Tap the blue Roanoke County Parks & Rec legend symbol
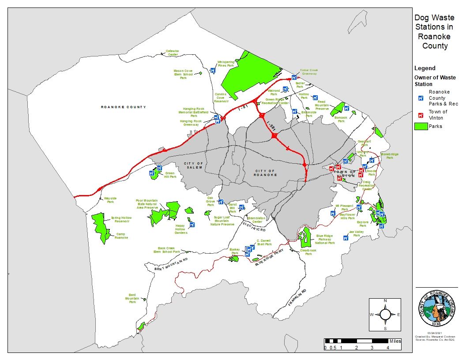pyautogui.click(x=421, y=98)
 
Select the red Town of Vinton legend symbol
pyautogui.click(x=421, y=115)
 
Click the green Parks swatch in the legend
pyautogui.click(x=421, y=126)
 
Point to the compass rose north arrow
pyautogui.click(x=385, y=314)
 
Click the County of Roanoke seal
pyautogui.click(x=437, y=307)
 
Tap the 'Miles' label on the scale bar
pyautogui.click(x=395, y=341)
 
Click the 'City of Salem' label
pyautogui.click(x=193, y=165)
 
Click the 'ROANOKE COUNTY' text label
pyautogui.click(x=123, y=107)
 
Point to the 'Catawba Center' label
pyautogui.click(x=172, y=52)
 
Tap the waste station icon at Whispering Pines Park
pyautogui.click(x=213, y=70)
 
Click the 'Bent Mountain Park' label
pyautogui.click(x=132, y=298)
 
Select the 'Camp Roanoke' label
pyautogui.click(x=121, y=236)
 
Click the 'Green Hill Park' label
pyautogui.click(x=170, y=175)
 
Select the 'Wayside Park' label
pyautogui.click(x=110, y=200)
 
